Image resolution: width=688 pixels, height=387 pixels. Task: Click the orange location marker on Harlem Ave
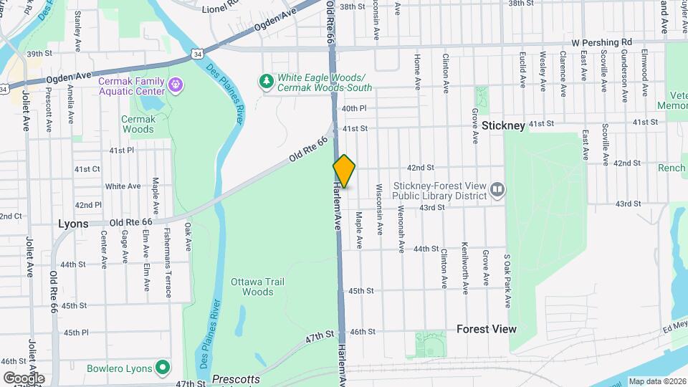pyautogui.click(x=344, y=171)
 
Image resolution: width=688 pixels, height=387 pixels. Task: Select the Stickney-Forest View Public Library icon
pyautogui.click(x=497, y=189)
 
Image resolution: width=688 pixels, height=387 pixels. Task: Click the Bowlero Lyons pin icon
pyautogui.click(x=163, y=368)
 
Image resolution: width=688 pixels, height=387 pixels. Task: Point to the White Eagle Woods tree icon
pyautogui.click(x=267, y=81)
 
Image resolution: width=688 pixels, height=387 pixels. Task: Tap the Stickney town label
pyautogui.click(x=503, y=125)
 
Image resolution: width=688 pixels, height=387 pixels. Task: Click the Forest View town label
pyautogui.click(x=486, y=329)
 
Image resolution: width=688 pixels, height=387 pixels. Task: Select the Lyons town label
pyautogui.click(x=73, y=224)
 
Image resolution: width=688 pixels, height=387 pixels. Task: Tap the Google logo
pyautogui.click(x=24, y=378)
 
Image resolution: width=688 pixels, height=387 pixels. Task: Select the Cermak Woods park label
pyautogui.click(x=138, y=124)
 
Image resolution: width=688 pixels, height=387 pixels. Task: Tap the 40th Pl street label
pyautogui.click(x=354, y=108)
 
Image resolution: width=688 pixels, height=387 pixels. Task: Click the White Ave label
pyautogui.click(x=123, y=186)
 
